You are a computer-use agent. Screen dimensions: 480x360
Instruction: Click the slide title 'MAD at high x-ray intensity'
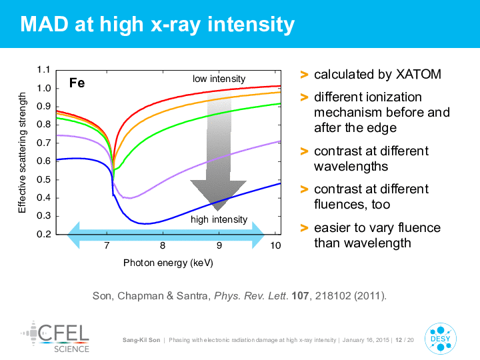coord(157,25)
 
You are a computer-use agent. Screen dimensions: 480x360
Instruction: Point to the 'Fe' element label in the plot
coord(77,83)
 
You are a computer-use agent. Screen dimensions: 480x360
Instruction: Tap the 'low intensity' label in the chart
coord(219,79)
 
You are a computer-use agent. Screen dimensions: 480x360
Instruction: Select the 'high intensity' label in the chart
coord(219,219)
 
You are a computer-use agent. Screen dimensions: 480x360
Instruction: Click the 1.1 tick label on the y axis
coord(43,70)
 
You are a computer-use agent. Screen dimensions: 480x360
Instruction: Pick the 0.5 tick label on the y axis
coord(43,179)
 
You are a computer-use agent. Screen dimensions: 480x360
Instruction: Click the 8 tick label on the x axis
coord(163,245)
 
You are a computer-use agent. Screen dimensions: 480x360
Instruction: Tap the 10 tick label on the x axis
coord(275,245)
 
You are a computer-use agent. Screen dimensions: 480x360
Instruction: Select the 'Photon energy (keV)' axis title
coord(168,263)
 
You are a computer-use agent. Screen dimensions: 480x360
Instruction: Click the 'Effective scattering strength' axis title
coord(22,153)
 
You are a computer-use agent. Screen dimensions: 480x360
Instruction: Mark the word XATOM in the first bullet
coord(419,75)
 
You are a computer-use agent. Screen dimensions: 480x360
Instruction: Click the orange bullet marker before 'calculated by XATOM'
coord(304,75)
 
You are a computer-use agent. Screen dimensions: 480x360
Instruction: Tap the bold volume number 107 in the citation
coord(300,296)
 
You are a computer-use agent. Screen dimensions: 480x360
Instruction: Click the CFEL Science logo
coord(55,337)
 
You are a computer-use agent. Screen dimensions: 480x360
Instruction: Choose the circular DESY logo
coord(441,339)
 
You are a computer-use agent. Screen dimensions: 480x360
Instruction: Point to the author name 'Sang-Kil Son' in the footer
coord(141,340)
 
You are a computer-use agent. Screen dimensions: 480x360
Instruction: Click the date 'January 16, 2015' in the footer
coord(366,340)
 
